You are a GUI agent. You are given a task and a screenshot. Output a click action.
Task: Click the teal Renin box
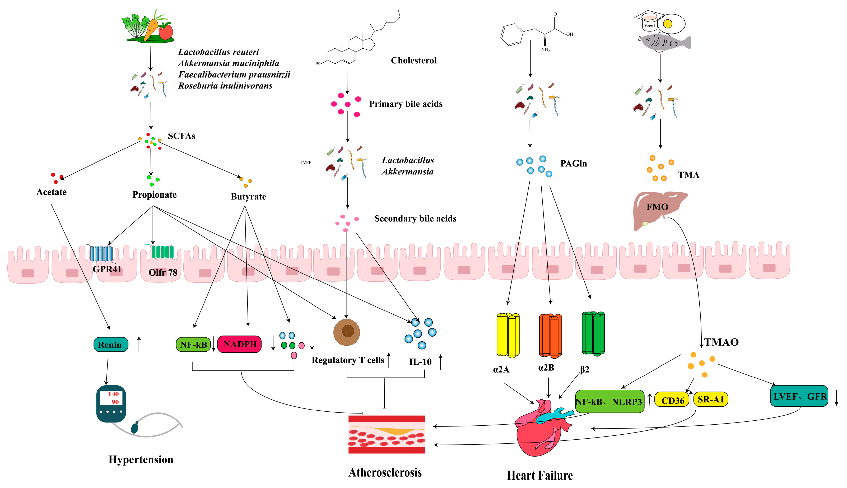111,344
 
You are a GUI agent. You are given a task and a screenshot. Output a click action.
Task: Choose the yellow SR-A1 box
711,399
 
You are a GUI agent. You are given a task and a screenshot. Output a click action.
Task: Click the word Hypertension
141,459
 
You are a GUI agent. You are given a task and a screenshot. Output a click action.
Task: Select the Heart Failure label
540,475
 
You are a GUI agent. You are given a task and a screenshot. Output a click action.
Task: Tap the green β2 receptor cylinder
593,333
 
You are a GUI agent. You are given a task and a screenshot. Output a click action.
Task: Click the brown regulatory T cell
346,332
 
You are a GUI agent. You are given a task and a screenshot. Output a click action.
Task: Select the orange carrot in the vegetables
152,28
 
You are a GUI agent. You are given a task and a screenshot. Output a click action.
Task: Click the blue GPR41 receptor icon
101,253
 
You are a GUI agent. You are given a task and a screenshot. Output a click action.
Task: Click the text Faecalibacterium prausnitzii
234,75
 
